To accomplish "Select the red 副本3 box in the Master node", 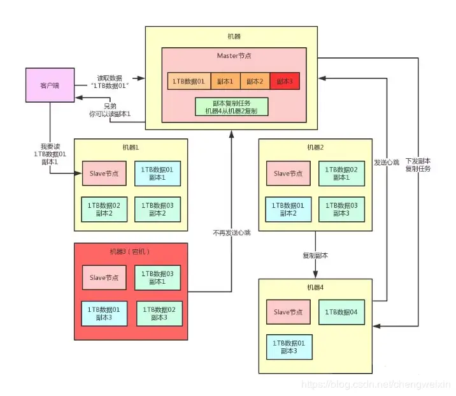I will [x=285, y=82].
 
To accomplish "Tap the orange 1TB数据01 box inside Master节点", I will [x=188, y=82].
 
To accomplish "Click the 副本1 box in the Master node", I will [x=224, y=82].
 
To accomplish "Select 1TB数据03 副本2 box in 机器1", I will [x=157, y=209].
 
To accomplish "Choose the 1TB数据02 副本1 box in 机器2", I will [x=341, y=173].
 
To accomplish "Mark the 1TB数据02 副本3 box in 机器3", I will [x=160, y=313].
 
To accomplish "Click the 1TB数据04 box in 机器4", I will [x=341, y=312].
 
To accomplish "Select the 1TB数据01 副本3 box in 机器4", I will [x=289, y=347].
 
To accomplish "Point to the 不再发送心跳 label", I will [x=232, y=233].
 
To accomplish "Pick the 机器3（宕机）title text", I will [x=130, y=251].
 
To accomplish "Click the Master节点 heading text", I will [x=232, y=57].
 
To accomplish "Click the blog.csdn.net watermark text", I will [x=376, y=385].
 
